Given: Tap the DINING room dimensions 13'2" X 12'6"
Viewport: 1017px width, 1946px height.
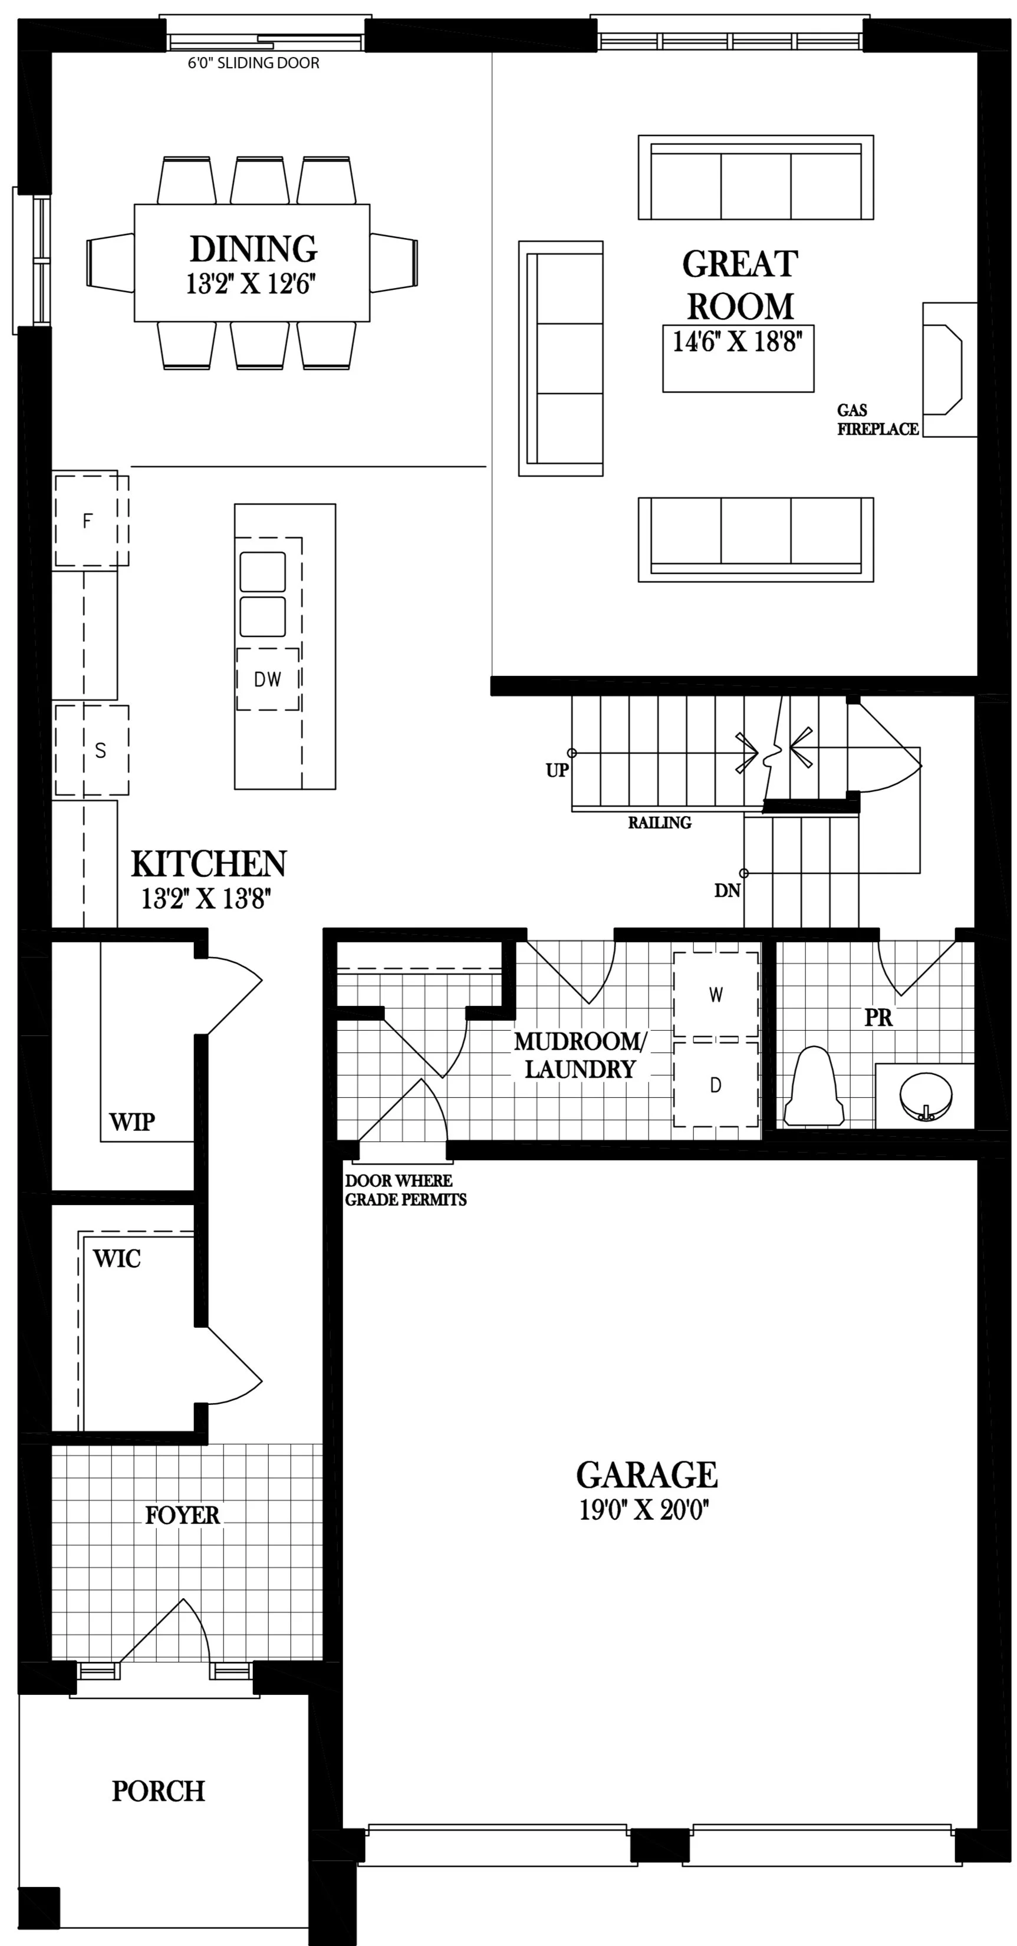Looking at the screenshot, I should click(250, 284).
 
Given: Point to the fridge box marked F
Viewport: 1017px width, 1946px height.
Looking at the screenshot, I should click(88, 520).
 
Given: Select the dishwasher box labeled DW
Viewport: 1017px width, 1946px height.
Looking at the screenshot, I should click(268, 679).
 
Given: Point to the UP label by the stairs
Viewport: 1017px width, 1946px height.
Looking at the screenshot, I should click(557, 770).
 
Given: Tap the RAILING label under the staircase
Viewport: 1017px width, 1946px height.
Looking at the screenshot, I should click(659, 823).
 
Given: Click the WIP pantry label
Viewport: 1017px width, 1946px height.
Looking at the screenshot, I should click(131, 1122).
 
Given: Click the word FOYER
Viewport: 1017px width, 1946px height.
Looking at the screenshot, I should click(182, 1515).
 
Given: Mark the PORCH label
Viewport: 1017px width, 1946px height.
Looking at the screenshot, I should click(158, 1790).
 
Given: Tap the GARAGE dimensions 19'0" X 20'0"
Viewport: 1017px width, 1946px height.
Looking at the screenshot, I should click(644, 1510).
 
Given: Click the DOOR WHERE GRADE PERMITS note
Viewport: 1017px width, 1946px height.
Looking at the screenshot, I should click(405, 1190).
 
